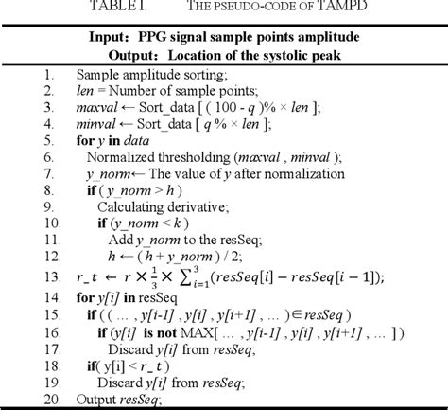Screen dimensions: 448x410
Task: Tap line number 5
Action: pyautogui.click(x=47, y=141)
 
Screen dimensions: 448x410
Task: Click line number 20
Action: pyautogui.click(x=45, y=400)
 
